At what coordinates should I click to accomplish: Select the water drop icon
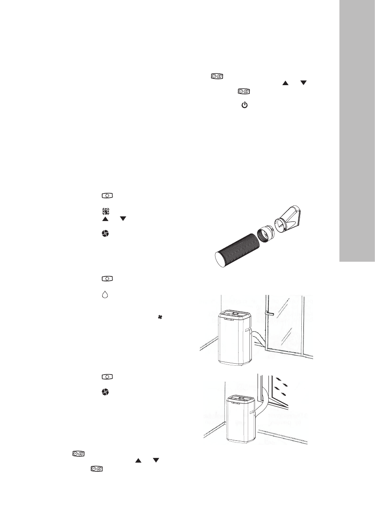point(104,295)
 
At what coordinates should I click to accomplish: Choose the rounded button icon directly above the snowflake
point(104,196)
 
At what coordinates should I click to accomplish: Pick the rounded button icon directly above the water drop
point(104,278)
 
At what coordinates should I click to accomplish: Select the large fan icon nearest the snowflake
point(104,236)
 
